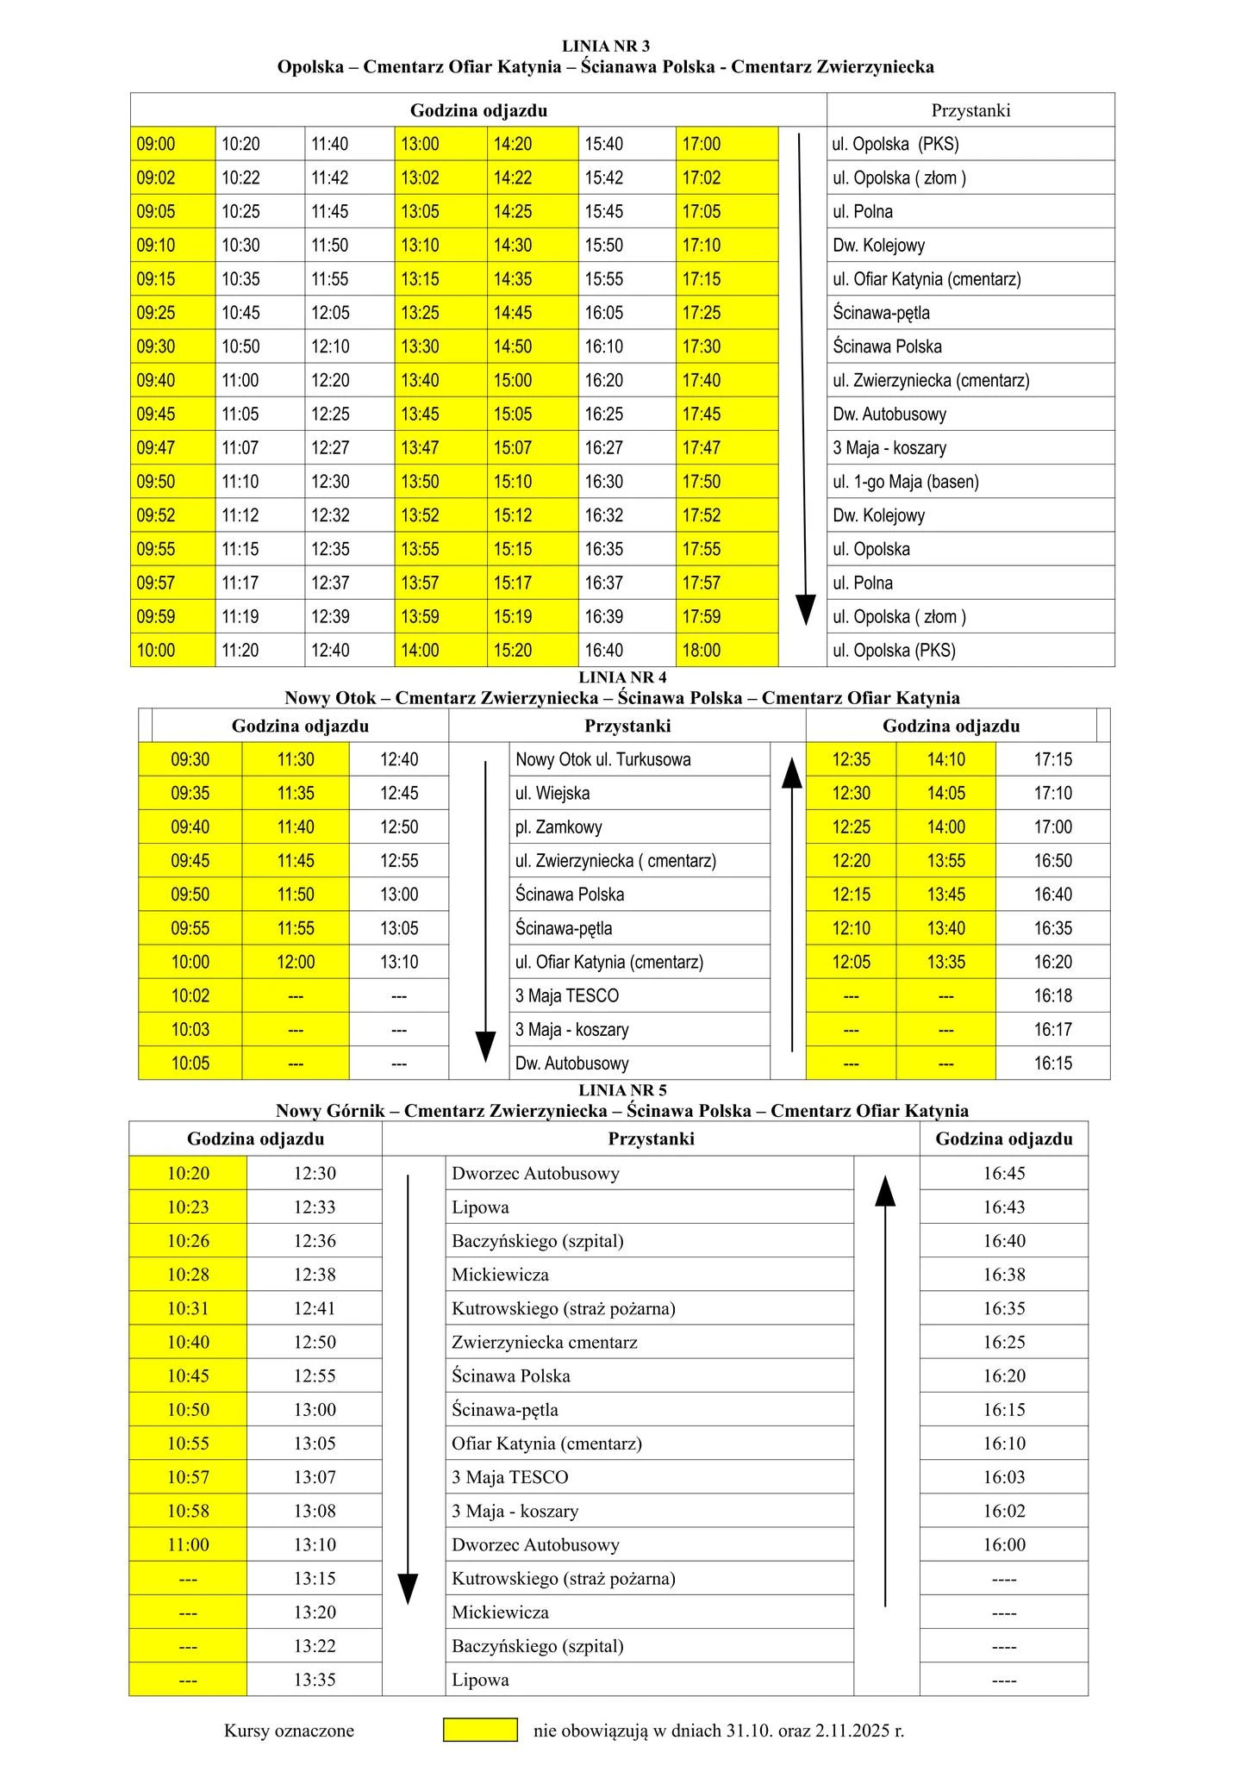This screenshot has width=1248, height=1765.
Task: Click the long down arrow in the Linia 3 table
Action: (802, 379)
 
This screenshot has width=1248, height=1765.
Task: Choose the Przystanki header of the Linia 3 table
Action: (970, 110)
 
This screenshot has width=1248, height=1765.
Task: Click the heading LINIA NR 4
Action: (622, 678)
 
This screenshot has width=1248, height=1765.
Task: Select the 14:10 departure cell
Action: (945, 760)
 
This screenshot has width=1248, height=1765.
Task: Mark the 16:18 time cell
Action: (1052, 996)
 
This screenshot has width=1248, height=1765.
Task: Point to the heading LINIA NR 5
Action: (622, 1091)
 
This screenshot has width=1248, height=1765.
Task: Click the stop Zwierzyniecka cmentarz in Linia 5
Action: (545, 1343)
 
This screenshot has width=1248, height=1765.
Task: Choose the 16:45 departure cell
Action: (1004, 1174)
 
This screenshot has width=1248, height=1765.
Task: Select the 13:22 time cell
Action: (315, 1646)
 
